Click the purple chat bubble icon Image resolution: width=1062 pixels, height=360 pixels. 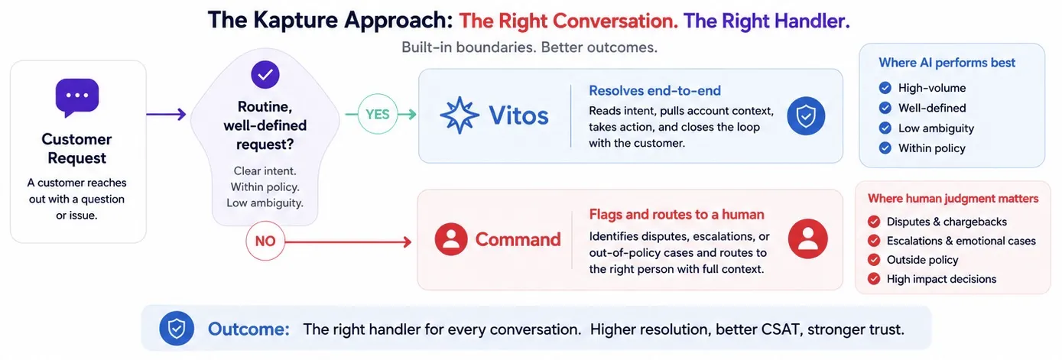click(x=77, y=97)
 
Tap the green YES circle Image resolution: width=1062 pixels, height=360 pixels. click(x=378, y=114)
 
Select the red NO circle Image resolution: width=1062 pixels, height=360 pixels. click(x=265, y=241)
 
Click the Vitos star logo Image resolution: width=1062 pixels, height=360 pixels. click(x=459, y=115)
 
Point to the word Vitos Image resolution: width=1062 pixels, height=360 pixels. click(x=518, y=115)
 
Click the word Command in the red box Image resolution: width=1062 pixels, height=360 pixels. click(x=518, y=240)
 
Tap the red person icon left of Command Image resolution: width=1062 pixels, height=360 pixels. click(x=451, y=239)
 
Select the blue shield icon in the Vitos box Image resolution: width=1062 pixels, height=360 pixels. click(x=806, y=116)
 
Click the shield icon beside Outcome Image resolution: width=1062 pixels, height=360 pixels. click(x=177, y=328)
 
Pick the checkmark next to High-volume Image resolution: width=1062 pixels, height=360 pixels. click(x=885, y=88)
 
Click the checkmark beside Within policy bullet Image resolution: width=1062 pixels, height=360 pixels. click(x=885, y=148)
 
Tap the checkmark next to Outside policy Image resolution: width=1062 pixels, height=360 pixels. click(x=874, y=260)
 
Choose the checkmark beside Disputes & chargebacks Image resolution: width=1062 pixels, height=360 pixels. click(x=874, y=222)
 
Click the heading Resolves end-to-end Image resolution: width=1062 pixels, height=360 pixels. click(x=654, y=90)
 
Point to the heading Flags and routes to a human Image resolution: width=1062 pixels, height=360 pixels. click(x=677, y=215)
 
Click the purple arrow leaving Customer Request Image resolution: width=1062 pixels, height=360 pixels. click(x=166, y=114)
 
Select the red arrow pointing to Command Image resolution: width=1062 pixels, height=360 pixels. click(x=349, y=242)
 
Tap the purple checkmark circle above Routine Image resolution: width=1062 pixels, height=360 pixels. click(x=265, y=74)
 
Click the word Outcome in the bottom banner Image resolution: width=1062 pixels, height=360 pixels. click(x=248, y=329)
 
